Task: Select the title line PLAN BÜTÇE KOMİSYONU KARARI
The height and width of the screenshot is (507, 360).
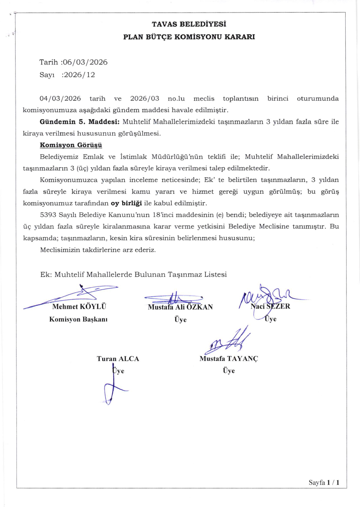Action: [x=189, y=37]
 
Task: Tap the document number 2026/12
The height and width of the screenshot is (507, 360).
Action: [x=78, y=75]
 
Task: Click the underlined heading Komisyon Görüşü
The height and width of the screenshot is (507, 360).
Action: [x=71, y=145]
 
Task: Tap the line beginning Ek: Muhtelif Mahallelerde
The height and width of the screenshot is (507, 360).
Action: [x=133, y=274]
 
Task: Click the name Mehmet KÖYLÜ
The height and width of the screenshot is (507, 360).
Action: [x=79, y=307]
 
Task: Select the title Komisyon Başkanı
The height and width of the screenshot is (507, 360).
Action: [x=78, y=320]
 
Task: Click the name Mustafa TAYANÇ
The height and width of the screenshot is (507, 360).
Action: [x=229, y=359]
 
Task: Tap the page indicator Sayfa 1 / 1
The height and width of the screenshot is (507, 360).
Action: [x=323, y=482]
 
